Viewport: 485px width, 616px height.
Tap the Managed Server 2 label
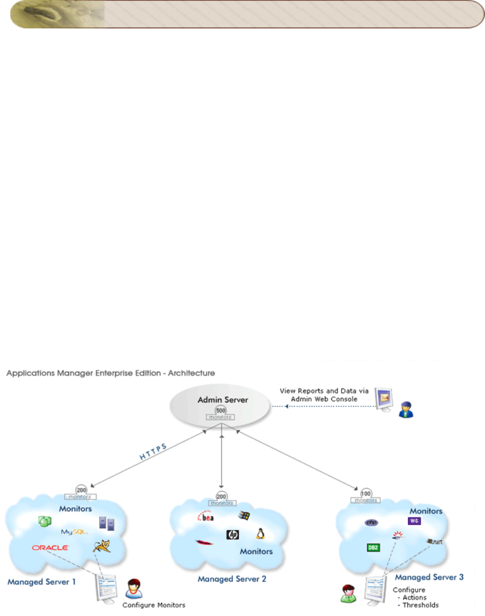pos(232,578)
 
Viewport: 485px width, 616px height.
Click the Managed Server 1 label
pos(42,582)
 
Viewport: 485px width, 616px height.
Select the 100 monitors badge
pos(365,495)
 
